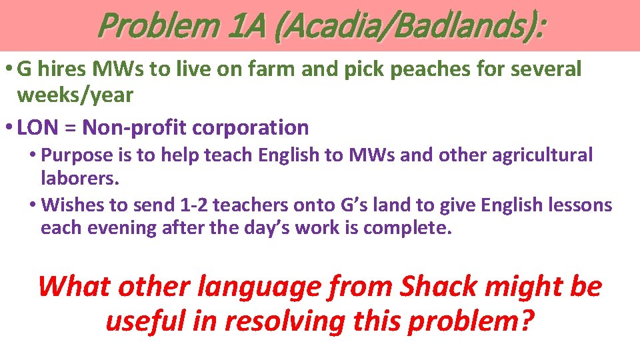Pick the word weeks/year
75,95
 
